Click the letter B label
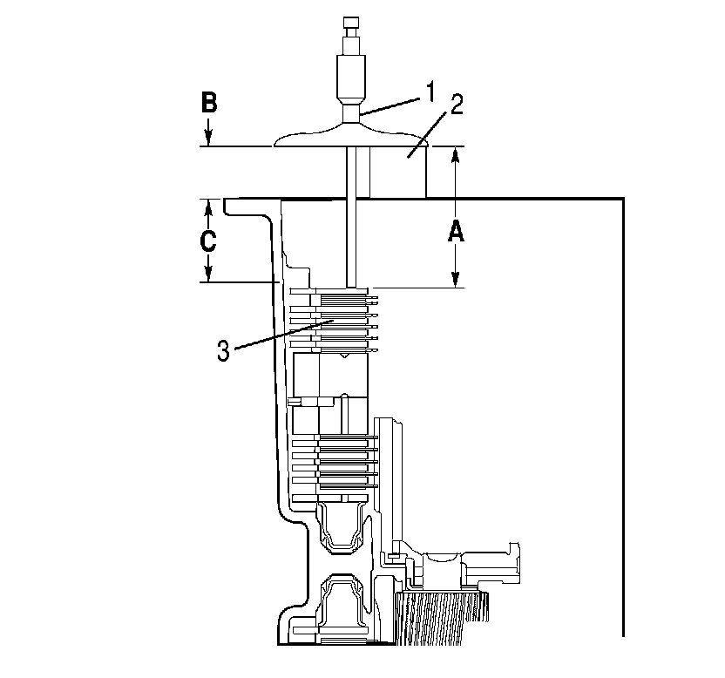[209, 103]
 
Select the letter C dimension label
[208, 241]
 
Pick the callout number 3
[224, 350]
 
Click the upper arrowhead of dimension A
[455, 155]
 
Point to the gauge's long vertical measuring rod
[351, 218]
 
